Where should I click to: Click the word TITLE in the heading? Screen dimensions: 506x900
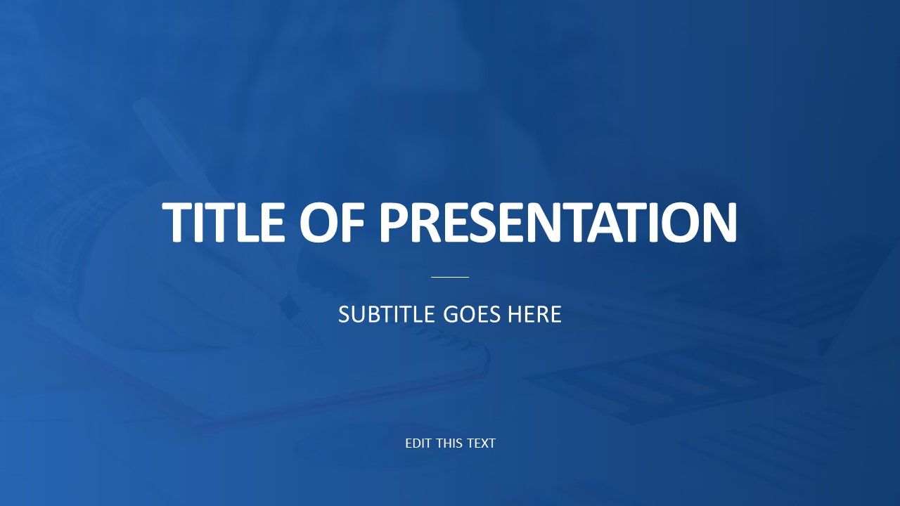coord(224,222)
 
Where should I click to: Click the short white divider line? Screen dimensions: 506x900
coord(450,277)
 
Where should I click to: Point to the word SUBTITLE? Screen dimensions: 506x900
coord(387,314)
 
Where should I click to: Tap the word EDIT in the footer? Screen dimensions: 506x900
coord(418,443)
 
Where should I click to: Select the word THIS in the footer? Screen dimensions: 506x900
coord(450,443)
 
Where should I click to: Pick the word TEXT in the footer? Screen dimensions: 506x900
coord(482,443)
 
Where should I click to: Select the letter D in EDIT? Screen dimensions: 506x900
coord(417,443)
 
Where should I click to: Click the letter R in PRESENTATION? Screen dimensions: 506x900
coord(425,222)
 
